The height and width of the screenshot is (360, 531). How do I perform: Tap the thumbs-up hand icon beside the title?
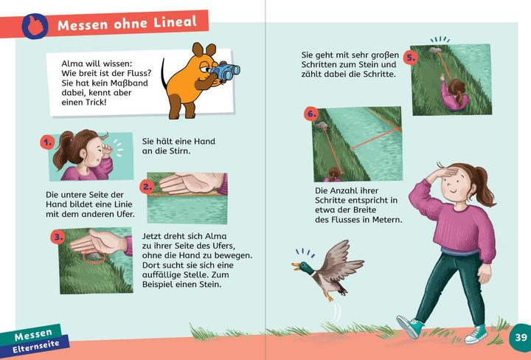pos(34,27)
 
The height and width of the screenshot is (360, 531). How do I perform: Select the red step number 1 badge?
pos(48,142)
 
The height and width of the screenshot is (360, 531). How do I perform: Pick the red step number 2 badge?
pos(147,186)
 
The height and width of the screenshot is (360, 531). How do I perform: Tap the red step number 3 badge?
pos(58,238)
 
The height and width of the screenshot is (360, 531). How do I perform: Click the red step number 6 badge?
pos(311,114)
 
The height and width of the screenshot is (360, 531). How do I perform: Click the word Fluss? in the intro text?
pos(135,74)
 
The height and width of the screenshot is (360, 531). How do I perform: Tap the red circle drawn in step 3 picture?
pos(92,257)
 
